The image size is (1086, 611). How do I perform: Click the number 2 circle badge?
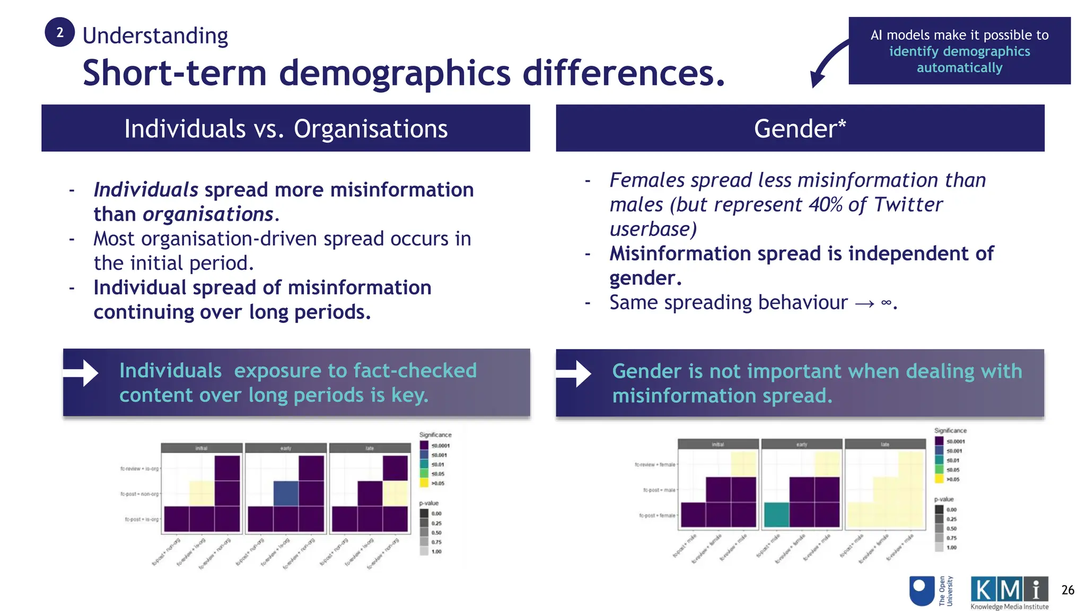point(59,32)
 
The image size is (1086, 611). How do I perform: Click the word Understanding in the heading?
point(155,36)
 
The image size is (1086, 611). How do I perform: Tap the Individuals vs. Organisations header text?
point(285,129)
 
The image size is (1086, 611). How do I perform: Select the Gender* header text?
point(799,129)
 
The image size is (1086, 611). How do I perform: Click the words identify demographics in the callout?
point(959,51)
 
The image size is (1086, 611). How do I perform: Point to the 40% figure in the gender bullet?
point(825,205)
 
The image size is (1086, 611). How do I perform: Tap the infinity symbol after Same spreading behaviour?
point(886,303)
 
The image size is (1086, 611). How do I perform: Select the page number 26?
point(1067,590)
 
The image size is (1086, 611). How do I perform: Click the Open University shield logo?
point(921,591)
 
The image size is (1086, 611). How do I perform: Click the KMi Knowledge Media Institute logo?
point(1009,592)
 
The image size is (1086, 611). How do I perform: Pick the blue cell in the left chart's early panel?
point(286,493)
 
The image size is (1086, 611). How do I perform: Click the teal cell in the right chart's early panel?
point(776,514)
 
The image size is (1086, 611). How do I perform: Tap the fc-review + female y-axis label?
point(655,465)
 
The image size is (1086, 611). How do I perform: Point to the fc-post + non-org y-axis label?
point(139,494)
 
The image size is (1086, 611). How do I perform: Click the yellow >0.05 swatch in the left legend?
point(424,483)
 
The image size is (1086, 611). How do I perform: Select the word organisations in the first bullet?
point(208,214)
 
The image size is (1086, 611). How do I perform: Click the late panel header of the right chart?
point(884,444)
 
